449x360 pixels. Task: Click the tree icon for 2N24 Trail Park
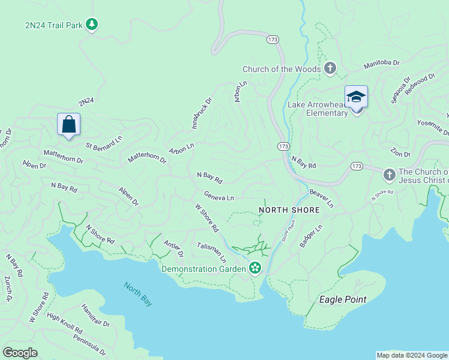click(91, 25)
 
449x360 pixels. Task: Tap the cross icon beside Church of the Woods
click(330, 69)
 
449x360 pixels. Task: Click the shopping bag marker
click(69, 125)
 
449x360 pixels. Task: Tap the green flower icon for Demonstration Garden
click(255, 268)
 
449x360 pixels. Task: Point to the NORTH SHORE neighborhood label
click(285, 210)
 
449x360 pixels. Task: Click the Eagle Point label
click(343, 299)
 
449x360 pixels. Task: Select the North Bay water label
click(138, 294)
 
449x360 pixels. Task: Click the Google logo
click(20, 352)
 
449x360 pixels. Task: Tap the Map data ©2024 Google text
click(411, 355)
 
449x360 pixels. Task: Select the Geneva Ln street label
click(218, 196)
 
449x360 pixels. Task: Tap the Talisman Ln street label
click(212, 252)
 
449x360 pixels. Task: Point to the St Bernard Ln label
click(103, 142)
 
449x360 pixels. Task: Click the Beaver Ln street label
click(321, 198)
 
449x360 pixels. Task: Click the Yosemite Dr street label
click(433, 127)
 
